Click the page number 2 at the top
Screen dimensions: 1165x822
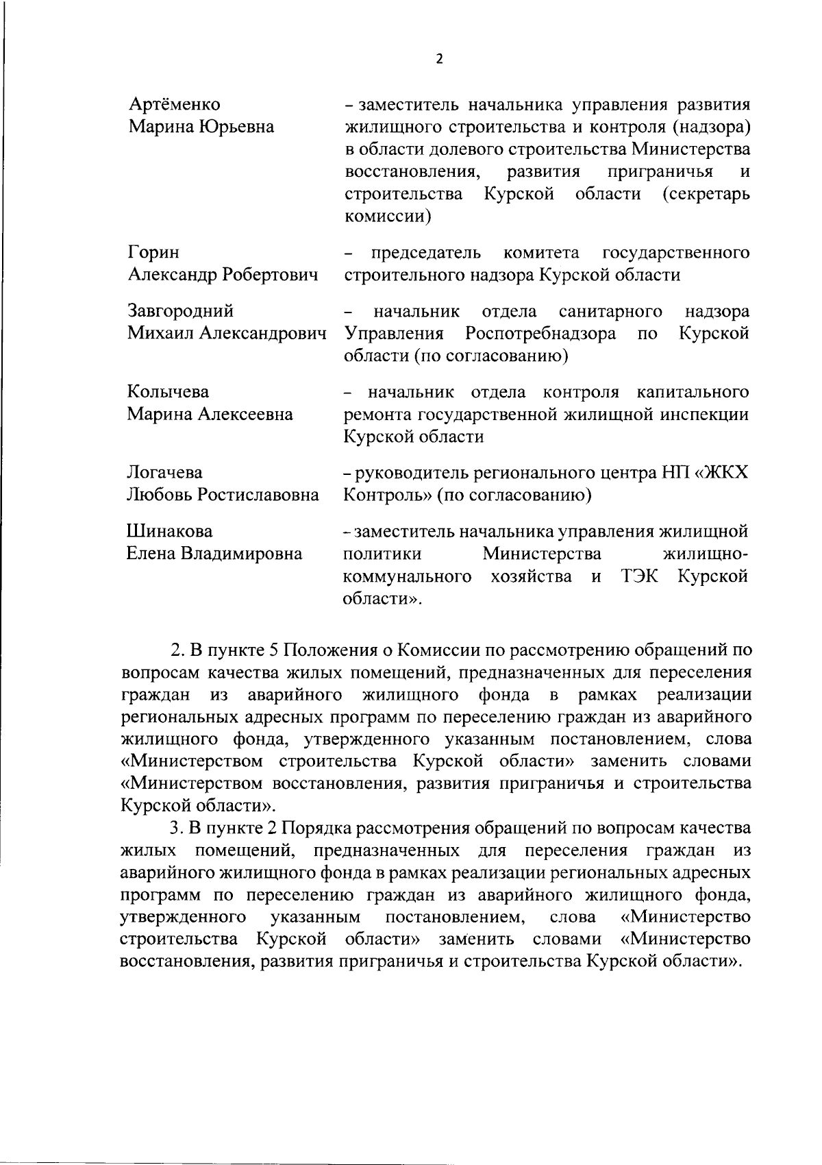[439, 59]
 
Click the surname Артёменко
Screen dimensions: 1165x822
[175, 104]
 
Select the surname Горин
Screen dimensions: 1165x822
[154, 253]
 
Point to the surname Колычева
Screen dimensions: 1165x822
[169, 392]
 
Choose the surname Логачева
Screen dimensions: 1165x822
[165, 473]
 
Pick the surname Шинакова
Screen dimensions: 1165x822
[170, 531]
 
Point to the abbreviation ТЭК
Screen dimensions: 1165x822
[640, 576]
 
